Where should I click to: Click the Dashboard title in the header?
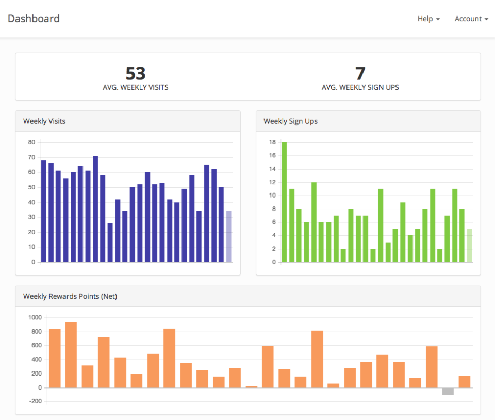point(34,19)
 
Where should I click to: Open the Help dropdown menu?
point(428,19)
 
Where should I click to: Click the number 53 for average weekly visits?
point(136,73)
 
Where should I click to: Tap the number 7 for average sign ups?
point(360,73)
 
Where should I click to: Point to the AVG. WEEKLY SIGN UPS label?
point(360,87)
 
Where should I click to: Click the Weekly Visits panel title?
point(44,121)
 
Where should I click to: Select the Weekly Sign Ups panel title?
point(290,121)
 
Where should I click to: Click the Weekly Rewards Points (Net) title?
point(70,296)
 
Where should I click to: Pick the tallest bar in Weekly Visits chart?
point(95,209)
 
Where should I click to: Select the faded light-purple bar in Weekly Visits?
point(228,236)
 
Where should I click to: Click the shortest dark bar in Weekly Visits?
point(110,243)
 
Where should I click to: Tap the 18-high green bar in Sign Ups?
point(284,202)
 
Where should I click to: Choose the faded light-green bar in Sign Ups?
point(469,246)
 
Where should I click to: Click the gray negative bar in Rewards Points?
point(448,391)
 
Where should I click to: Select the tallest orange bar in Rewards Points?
point(71,355)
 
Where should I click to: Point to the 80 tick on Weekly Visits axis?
point(32,142)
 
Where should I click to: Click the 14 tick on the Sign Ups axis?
point(272,169)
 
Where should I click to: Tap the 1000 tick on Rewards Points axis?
point(34,317)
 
